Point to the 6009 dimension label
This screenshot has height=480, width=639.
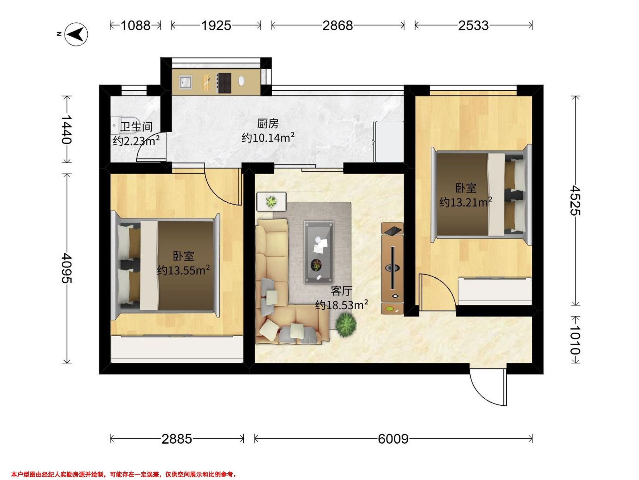(x=393, y=439)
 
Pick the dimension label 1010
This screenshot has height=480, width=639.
(x=575, y=340)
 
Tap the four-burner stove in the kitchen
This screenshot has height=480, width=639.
(x=224, y=83)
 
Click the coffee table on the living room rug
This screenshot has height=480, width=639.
(x=318, y=252)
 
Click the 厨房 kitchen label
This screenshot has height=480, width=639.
(x=268, y=124)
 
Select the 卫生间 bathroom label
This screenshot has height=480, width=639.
(x=136, y=126)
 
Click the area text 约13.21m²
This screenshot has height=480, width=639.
(x=466, y=202)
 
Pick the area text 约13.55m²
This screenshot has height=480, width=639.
(x=183, y=270)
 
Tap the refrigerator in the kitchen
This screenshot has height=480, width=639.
(x=388, y=142)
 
